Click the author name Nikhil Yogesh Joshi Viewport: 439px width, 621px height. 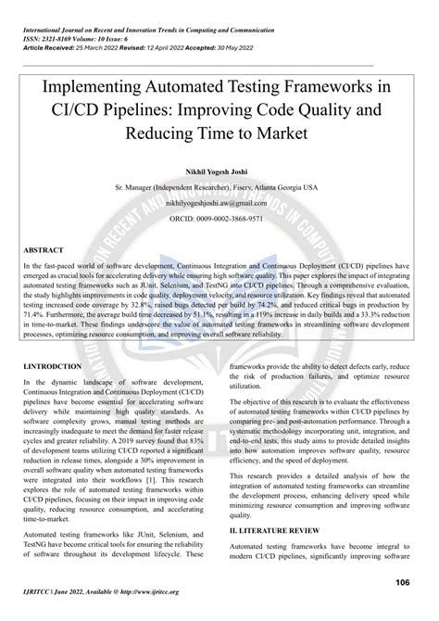pos(219,171)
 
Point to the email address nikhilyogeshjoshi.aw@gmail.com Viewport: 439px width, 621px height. pos(219,200)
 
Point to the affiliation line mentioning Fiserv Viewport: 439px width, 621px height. pos(219,186)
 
